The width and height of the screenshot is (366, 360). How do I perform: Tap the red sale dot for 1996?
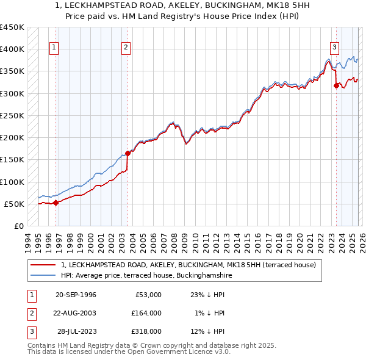point(56,203)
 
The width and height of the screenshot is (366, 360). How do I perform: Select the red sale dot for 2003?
point(127,153)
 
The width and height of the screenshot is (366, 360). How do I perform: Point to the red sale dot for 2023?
point(336,85)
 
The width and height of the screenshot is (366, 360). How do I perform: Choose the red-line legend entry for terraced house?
point(188,265)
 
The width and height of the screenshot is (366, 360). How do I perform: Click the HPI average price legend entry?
point(146,276)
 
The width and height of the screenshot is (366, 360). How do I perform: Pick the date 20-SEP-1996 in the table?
point(76,295)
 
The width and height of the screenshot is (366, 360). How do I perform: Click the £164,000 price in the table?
point(147,313)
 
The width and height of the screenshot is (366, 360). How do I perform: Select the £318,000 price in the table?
point(147,331)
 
